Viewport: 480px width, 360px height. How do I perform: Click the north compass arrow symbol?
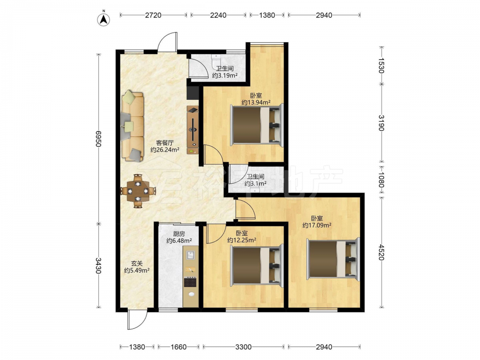(104, 20)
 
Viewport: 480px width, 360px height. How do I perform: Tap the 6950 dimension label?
(98, 139)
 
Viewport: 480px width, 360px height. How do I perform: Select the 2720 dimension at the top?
(153, 15)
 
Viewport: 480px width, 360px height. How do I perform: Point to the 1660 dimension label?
(179, 347)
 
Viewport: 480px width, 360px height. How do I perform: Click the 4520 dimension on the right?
(381, 252)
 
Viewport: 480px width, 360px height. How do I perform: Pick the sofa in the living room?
(132, 126)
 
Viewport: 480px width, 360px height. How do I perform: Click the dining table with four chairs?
(138, 191)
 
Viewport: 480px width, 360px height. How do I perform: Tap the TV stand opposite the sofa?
(192, 130)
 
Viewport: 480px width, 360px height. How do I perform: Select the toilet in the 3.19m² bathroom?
(216, 61)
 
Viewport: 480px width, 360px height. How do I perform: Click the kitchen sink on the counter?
(191, 255)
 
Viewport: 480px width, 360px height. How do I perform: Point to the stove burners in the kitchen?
(190, 282)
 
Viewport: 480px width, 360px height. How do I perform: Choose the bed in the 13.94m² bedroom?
(256, 124)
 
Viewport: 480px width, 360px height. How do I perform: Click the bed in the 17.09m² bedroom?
(333, 259)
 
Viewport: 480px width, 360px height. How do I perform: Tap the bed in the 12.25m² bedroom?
(256, 264)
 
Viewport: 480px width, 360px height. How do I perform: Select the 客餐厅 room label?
(165, 143)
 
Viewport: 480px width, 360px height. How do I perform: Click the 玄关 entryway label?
(137, 263)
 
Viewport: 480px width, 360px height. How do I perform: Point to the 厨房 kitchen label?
(179, 234)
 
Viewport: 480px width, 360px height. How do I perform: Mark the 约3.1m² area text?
(255, 183)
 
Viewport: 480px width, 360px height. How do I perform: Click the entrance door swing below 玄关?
(137, 320)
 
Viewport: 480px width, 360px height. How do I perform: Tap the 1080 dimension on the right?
(381, 179)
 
